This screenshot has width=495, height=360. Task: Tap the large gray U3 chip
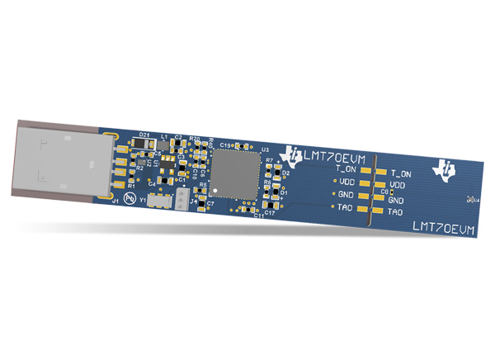click(x=235, y=176)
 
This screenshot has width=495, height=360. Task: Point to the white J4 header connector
click(x=181, y=201)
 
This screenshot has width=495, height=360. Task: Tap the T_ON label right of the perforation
click(x=401, y=174)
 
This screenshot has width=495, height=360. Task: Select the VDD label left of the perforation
click(x=346, y=181)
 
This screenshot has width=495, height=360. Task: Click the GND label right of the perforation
click(x=396, y=200)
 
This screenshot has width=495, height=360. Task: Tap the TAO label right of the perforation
click(x=396, y=212)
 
